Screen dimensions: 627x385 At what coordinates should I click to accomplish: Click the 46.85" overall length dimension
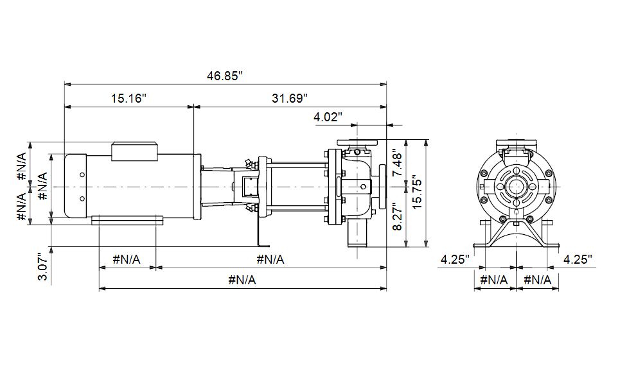click(x=225, y=76)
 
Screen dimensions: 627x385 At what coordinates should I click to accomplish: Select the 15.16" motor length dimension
click(x=128, y=98)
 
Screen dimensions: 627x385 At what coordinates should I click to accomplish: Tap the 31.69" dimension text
click(x=290, y=98)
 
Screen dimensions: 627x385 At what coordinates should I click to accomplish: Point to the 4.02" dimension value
click(x=328, y=117)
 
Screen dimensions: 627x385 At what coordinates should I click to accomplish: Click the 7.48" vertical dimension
click(x=397, y=163)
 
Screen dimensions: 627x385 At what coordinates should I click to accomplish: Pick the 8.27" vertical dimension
click(x=397, y=216)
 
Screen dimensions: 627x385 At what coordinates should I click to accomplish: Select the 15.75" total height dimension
click(x=417, y=192)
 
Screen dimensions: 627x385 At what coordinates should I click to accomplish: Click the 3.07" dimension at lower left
click(x=42, y=266)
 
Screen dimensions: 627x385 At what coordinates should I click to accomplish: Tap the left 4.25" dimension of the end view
click(x=455, y=260)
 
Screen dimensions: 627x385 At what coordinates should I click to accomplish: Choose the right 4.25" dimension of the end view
click(x=578, y=260)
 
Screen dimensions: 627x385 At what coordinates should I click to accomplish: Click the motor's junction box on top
click(x=134, y=151)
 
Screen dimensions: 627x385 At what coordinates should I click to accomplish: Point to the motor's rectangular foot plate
click(x=127, y=221)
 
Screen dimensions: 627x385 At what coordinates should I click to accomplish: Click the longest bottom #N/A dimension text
click(x=242, y=280)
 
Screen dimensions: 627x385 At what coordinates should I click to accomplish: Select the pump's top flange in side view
click(x=357, y=142)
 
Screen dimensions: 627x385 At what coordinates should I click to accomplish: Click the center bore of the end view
click(x=517, y=187)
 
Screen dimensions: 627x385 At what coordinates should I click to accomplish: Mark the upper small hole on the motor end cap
click(x=82, y=175)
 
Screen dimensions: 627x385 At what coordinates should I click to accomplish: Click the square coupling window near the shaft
click(x=248, y=187)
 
